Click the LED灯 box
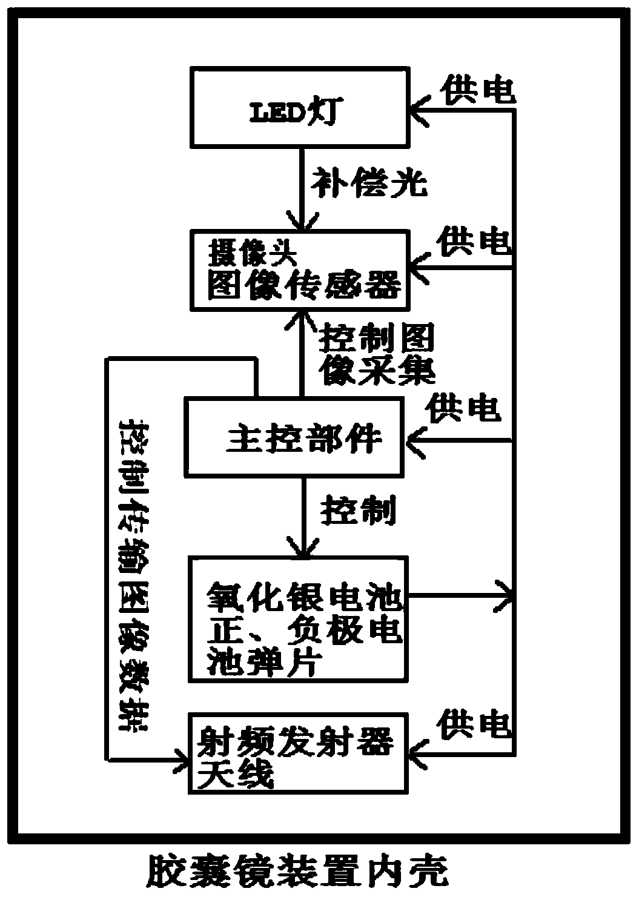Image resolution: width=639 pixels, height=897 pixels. pos(299,107)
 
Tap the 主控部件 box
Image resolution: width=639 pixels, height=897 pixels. pos(294,437)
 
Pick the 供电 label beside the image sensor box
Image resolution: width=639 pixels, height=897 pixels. pos(476,242)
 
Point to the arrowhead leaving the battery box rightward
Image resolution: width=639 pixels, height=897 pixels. pos(506,597)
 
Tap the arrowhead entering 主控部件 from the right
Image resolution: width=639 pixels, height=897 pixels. pos(415,440)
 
